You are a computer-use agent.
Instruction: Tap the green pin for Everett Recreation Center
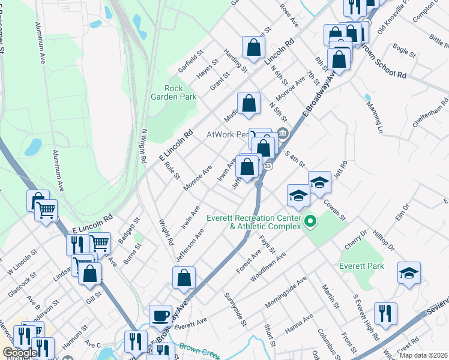tap(310, 223)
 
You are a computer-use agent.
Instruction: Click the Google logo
tap(19, 353)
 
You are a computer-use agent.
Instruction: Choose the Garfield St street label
tap(191, 60)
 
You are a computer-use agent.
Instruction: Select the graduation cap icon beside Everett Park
tap(409, 272)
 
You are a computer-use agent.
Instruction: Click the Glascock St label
tap(22, 283)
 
